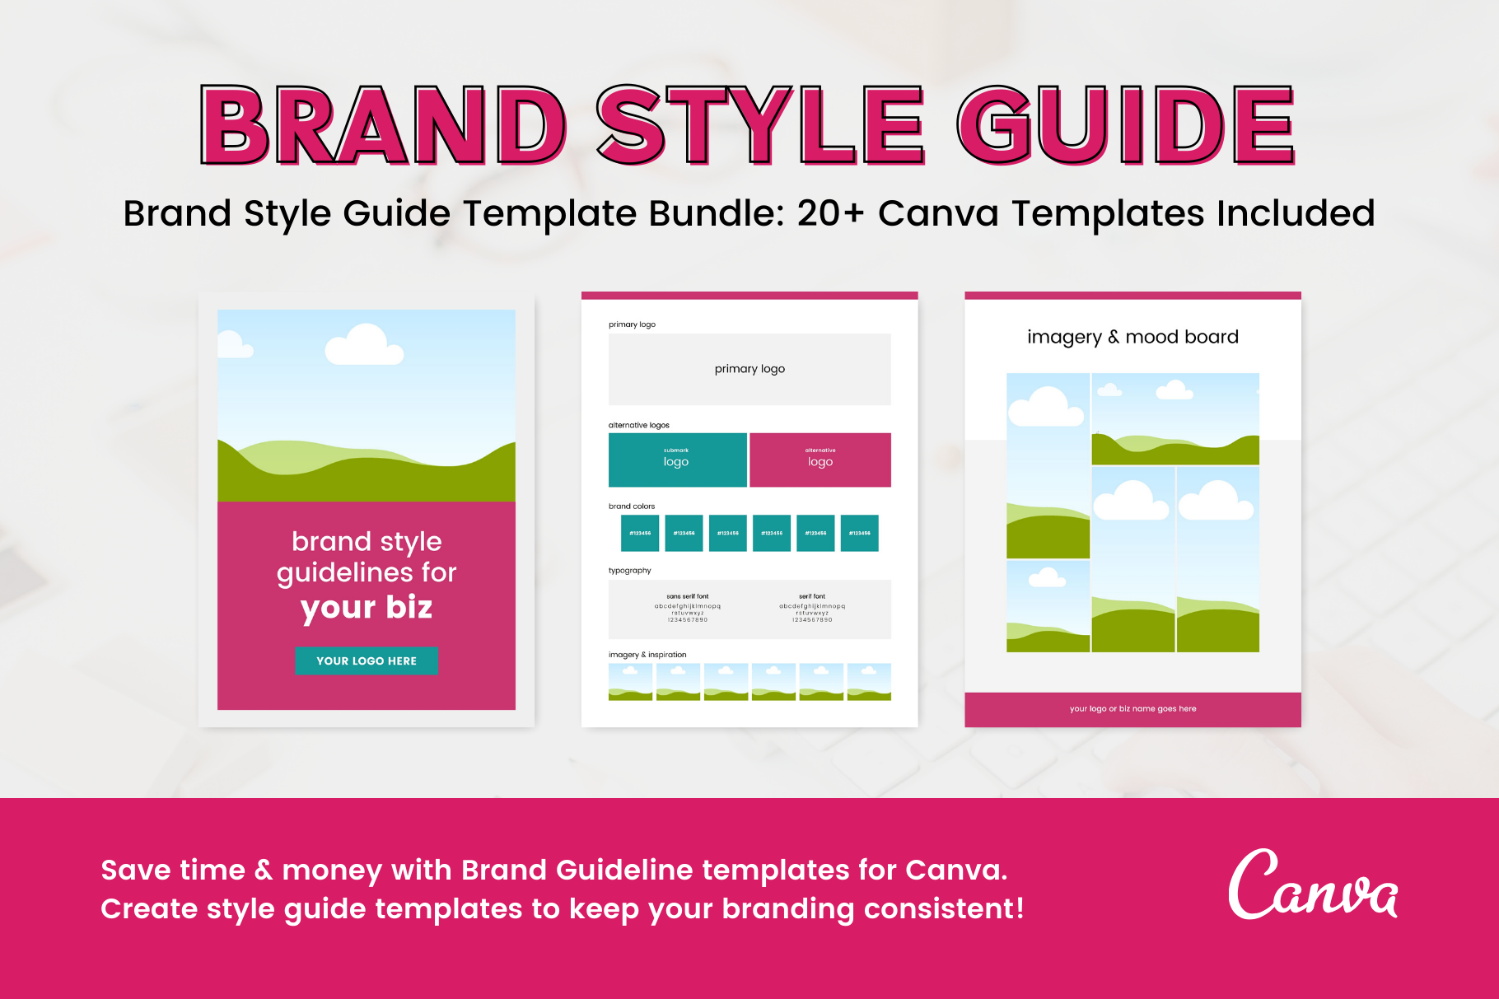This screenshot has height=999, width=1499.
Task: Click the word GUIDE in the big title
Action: [1125, 125]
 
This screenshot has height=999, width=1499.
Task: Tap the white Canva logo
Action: [1312, 885]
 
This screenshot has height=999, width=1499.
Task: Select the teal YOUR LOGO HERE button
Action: [367, 661]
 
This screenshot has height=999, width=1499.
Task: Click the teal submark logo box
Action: [677, 460]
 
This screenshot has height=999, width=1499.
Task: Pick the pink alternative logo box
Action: [820, 460]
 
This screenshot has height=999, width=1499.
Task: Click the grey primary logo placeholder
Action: [749, 369]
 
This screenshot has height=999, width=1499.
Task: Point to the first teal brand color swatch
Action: [640, 533]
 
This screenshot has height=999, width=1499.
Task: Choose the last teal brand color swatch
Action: [859, 533]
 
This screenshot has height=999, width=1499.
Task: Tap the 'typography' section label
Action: [629, 570]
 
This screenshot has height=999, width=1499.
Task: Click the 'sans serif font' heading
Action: [688, 596]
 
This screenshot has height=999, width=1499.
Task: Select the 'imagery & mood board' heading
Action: [1132, 337]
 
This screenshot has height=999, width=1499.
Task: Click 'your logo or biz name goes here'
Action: [1132, 708]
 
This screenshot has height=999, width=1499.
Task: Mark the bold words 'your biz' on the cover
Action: [367, 608]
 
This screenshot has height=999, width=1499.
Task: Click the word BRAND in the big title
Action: [383, 125]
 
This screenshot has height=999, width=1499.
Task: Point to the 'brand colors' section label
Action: [632, 507]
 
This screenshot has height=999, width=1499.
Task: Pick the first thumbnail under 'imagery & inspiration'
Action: [630, 682]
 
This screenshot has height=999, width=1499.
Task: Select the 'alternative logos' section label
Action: [638, 425]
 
